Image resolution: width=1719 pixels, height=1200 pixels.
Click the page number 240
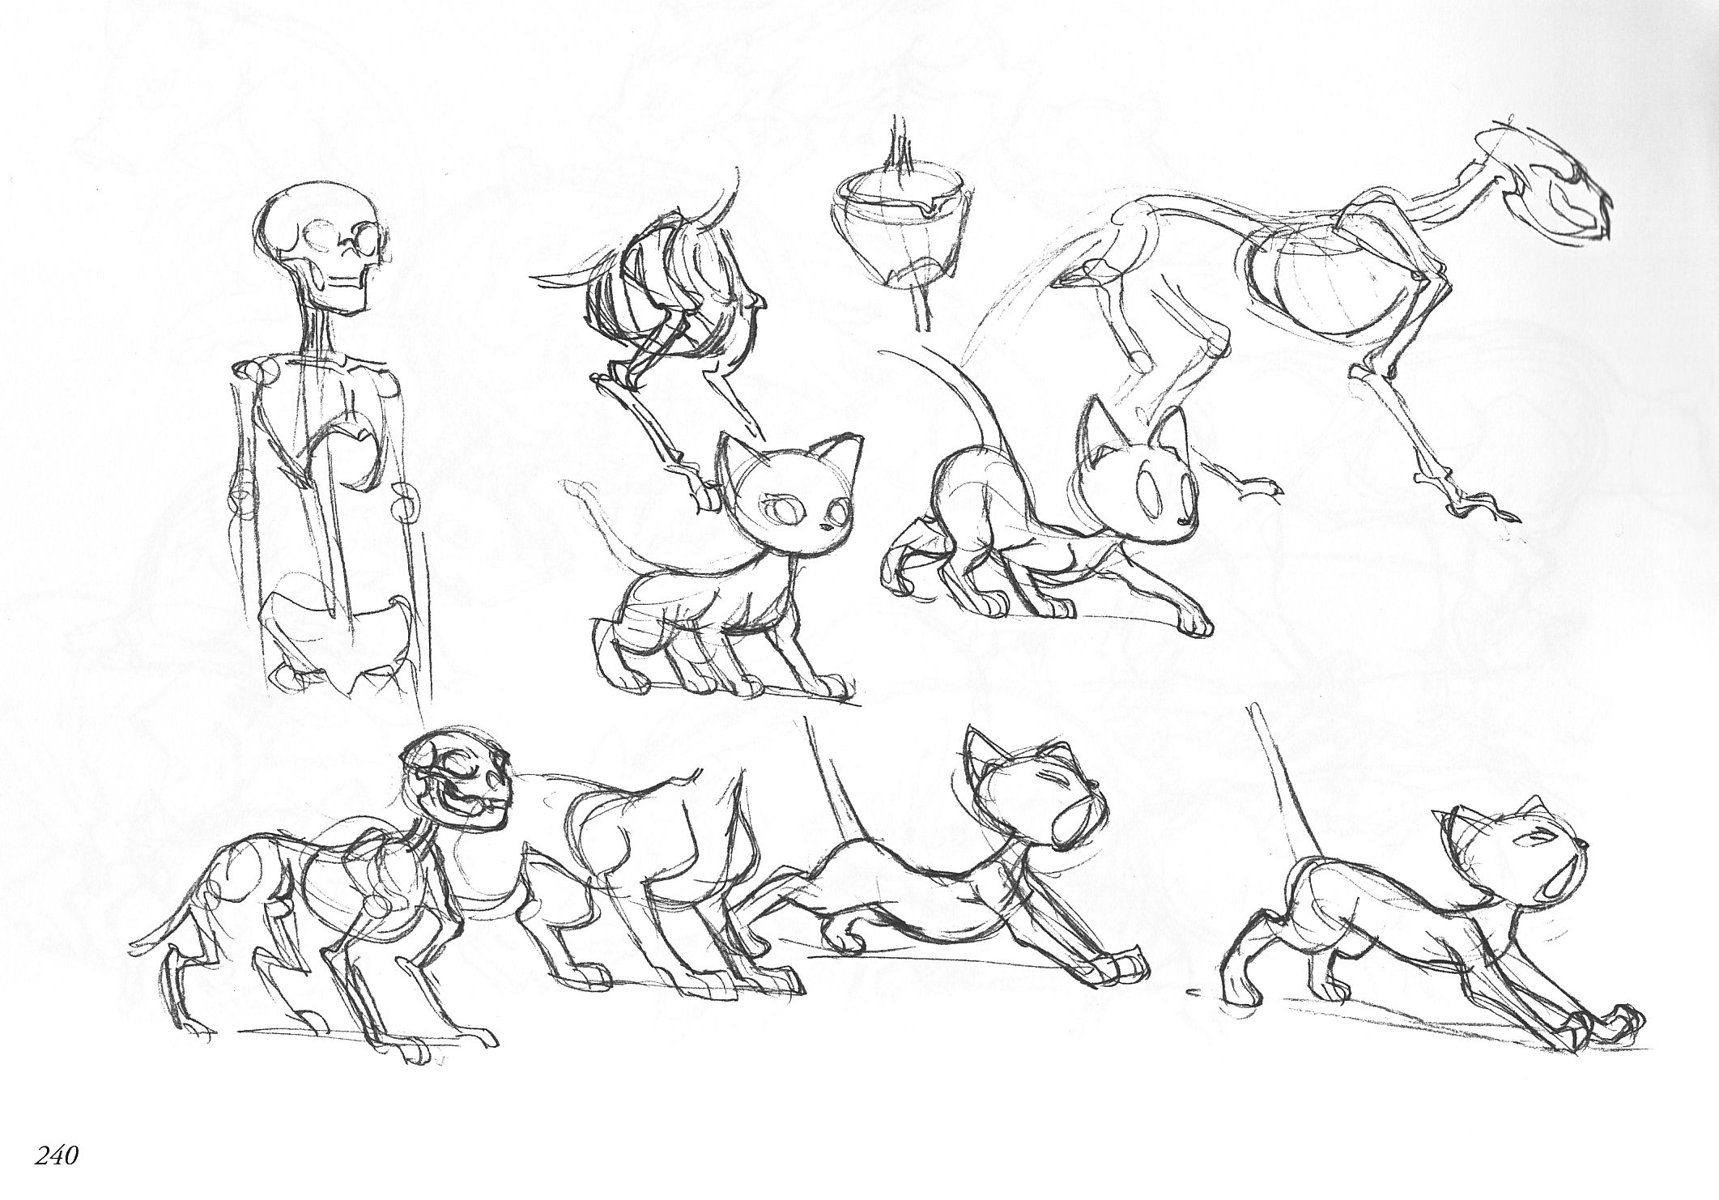[55, 1155]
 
